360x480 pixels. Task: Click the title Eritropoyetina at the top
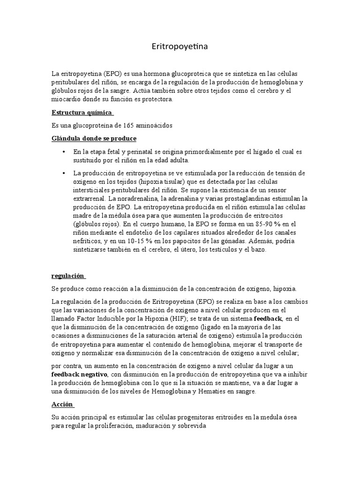180,47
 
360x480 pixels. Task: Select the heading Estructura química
82,112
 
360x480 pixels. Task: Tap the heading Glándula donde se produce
94,138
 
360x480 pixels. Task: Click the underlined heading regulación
68,276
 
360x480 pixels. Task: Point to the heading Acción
62,405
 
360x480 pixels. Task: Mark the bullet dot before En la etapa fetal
63,152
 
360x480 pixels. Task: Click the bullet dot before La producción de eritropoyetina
63,173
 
